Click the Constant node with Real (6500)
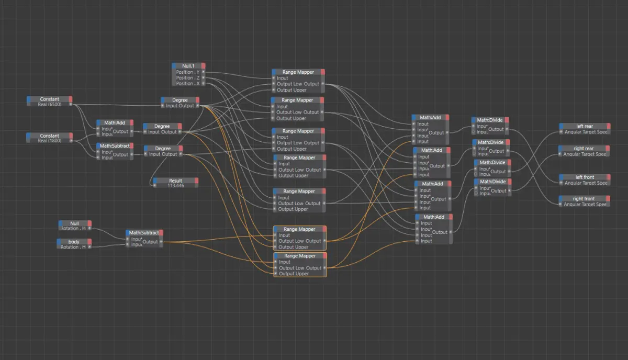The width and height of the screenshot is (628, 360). (x=50, y=99)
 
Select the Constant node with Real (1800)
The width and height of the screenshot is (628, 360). (x=50, y=136)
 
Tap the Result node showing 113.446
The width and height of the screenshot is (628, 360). (x=175, y=181)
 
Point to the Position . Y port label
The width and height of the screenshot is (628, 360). (x=188, y=72)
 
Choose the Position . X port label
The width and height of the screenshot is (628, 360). (x=188, y=84)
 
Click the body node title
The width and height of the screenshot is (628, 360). (x=74, y=242)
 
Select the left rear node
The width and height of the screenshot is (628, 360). (x=585, y=126)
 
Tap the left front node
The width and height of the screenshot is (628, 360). (x=585, y=177)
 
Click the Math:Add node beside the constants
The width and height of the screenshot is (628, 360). (x=114, y=122)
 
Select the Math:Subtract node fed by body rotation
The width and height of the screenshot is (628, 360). (x=144, y=233)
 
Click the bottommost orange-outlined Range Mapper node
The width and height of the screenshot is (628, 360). (x=299, y=256)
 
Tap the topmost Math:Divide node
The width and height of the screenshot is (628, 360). (x=490, y=120)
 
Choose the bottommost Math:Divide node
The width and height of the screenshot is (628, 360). (x=492, y=182)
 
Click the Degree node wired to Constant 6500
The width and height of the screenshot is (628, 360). (x=180, y=100)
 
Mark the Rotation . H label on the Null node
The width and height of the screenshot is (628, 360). (x=74, y=229)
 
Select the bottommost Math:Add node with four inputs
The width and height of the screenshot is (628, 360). (x=434, y=217)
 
